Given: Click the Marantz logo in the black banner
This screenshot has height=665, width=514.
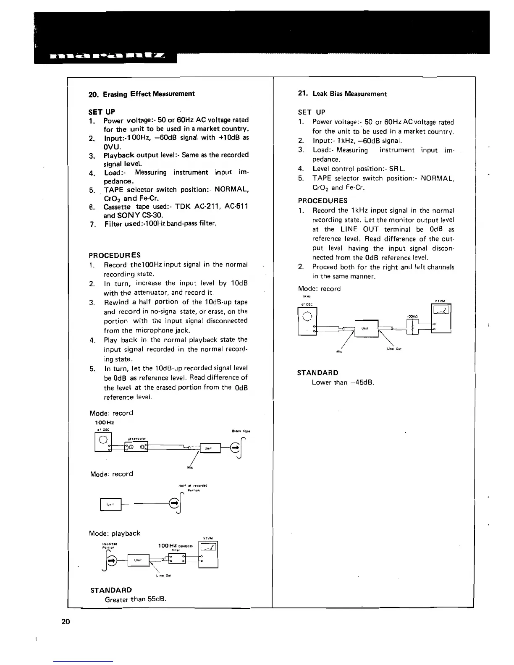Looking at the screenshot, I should click(x=108, y=56).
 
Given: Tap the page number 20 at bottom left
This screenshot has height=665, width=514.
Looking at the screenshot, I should click(x=66, y=621).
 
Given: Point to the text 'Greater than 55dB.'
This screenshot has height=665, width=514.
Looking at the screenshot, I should click(x=135, y=599).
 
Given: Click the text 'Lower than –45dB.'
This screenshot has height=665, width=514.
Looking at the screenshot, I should click(x=343, y=382).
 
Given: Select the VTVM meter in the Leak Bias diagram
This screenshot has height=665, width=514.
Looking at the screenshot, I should click(x=441, y=319).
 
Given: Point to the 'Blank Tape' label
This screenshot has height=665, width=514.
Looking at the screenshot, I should click(x=241, y=431).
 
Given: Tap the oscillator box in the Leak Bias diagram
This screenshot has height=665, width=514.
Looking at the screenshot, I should click(x=307, y=322).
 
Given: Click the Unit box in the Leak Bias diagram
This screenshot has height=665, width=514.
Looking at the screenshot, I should click(x=366, y=328).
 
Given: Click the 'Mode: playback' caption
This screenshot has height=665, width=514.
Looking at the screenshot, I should click(x=115, y=533).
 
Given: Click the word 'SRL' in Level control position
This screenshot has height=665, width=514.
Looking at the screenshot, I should click(x=396, y=169).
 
